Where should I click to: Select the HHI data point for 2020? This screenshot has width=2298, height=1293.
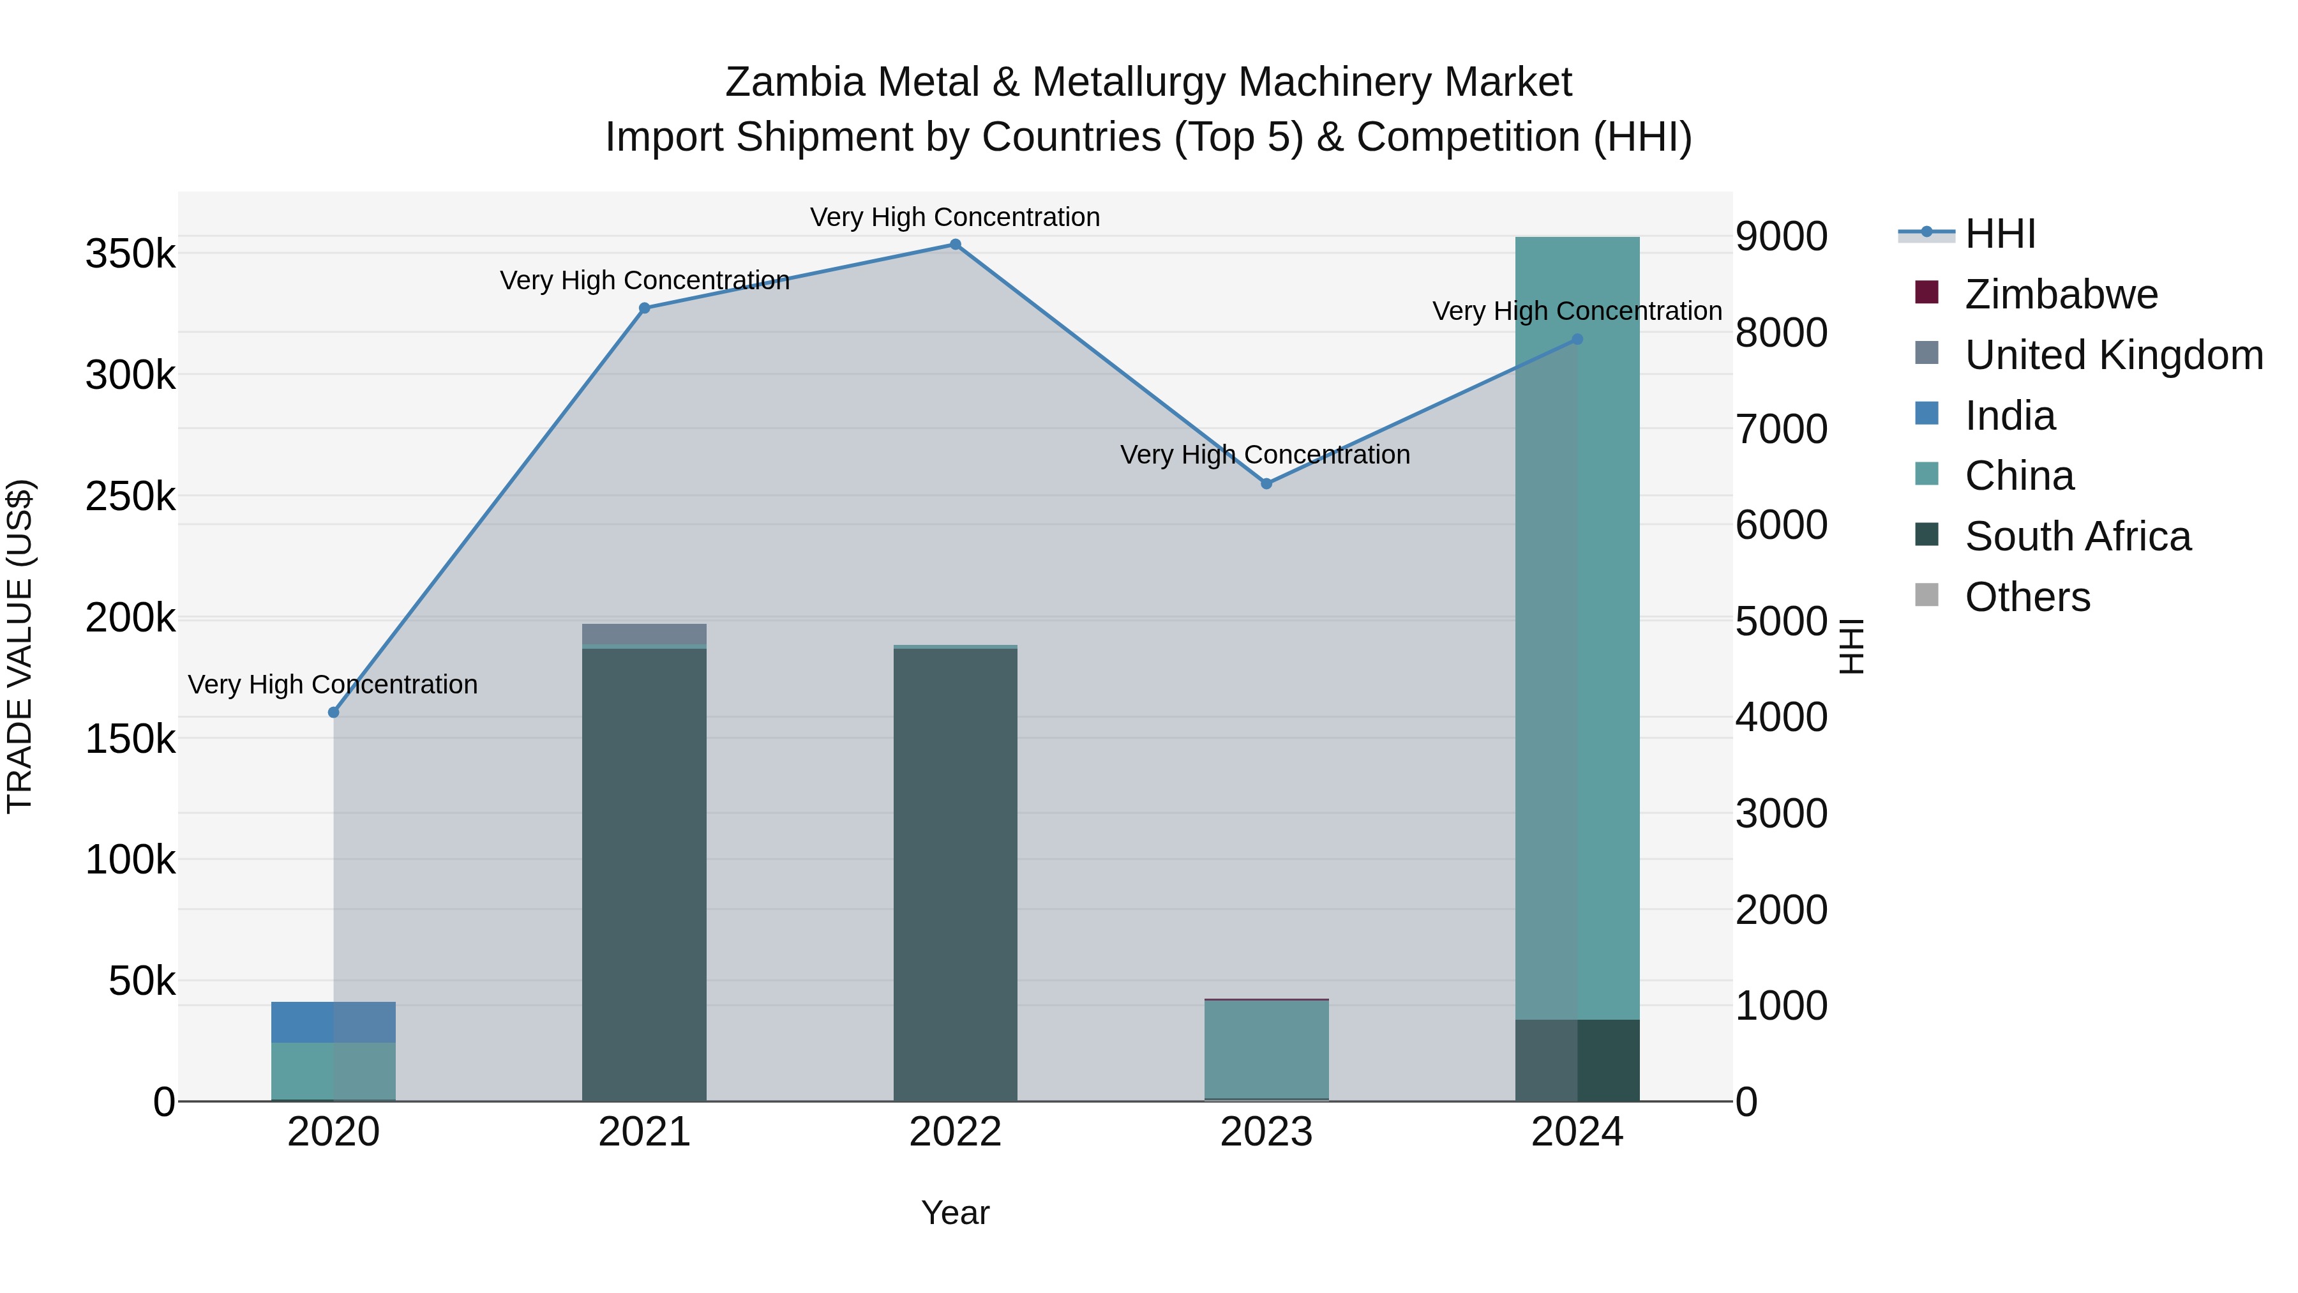(334, 712)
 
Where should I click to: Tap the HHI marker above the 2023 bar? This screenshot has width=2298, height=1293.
(1266, 483)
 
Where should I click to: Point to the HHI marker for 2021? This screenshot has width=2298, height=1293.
(644, 308)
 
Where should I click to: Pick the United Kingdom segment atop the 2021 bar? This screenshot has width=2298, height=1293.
(644, 633)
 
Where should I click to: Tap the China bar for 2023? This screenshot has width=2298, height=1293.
(1266, 1048)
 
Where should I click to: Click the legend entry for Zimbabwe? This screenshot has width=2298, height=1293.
(2061, 294)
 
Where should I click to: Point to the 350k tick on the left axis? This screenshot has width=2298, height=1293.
(130, 254)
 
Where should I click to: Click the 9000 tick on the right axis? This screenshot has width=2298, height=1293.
(1780, 236)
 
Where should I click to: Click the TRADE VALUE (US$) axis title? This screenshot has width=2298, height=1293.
(20, 646)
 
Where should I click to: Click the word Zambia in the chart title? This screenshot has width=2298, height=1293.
(795, 82)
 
